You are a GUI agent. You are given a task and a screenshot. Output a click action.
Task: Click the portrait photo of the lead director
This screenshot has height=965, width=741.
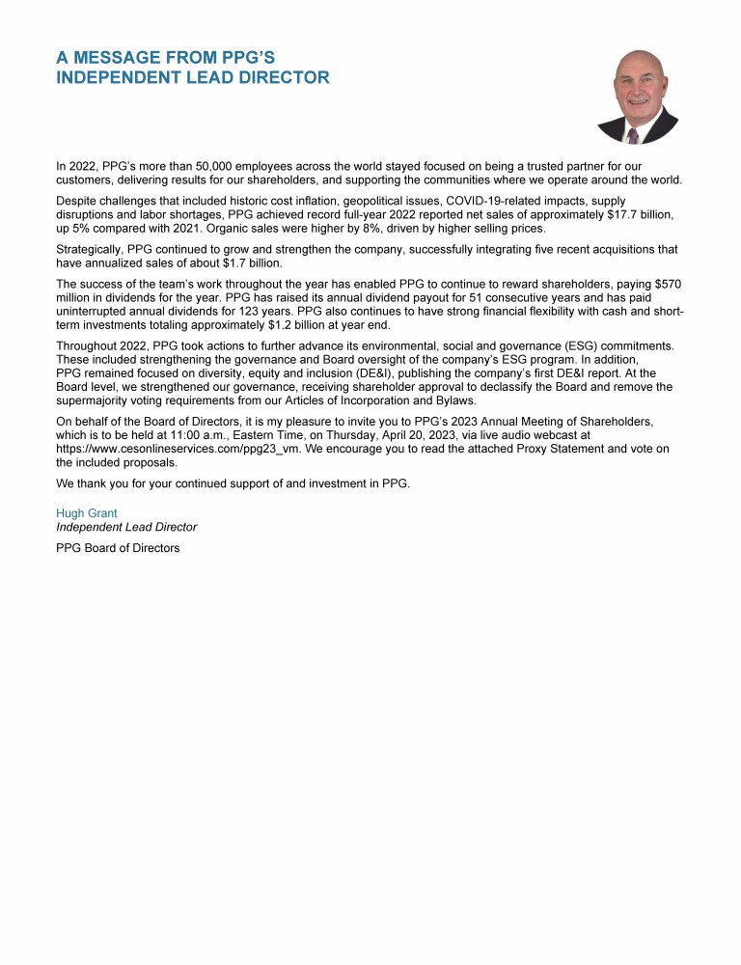pyautogui.click(x=637, y=96)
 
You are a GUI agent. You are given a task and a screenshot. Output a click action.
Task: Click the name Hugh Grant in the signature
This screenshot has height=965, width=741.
pyautogui.click(x=87, y=513)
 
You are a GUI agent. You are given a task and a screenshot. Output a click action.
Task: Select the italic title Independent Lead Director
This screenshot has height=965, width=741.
pyautogui.click(x=126, y=527)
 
